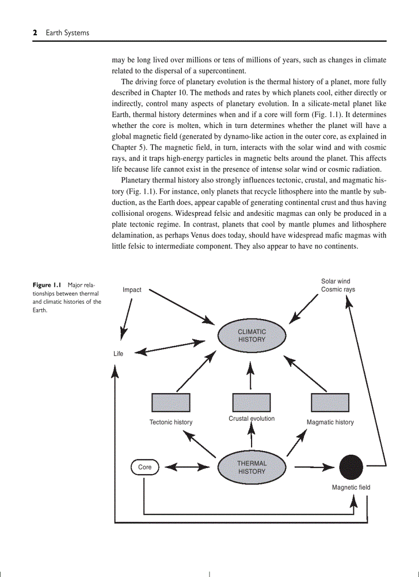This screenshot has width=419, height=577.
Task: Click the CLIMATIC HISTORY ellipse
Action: click(x=252, y=336)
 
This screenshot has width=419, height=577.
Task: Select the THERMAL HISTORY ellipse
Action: click(x=252, y=468)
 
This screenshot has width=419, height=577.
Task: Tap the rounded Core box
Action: click(x=145, y=467)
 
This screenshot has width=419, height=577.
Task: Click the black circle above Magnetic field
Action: click(x=351, y=467)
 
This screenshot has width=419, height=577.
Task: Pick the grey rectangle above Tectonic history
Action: click(x=171, y=403)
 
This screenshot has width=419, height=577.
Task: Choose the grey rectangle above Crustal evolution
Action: click(x=252, y=403)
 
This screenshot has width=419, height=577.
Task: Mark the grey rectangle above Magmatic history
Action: click(x=330, y=403)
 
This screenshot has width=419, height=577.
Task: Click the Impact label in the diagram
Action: click(x=132, y=290)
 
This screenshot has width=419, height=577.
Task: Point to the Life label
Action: click(x=118, y=353)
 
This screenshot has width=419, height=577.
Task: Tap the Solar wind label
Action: click(x=335, y=281)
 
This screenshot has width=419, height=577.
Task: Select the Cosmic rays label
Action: click(x=338, y=289)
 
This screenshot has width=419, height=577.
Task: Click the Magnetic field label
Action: click(x=351, y=488)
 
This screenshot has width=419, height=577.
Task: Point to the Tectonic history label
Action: click(x=171, y=422)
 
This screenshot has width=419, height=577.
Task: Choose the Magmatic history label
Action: click(x=330, y=422)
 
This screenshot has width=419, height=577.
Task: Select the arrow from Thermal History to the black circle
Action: click(x=314, y=467)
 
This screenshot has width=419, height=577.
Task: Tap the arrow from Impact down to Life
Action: click(x=126, y=319)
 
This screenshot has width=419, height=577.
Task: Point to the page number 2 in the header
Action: click(x=35, y=33)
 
